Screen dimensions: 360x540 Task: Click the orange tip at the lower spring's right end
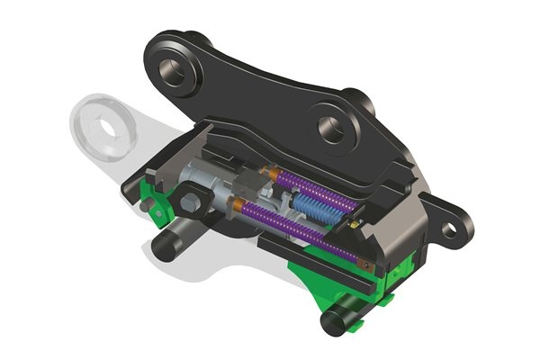click(368, 266)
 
